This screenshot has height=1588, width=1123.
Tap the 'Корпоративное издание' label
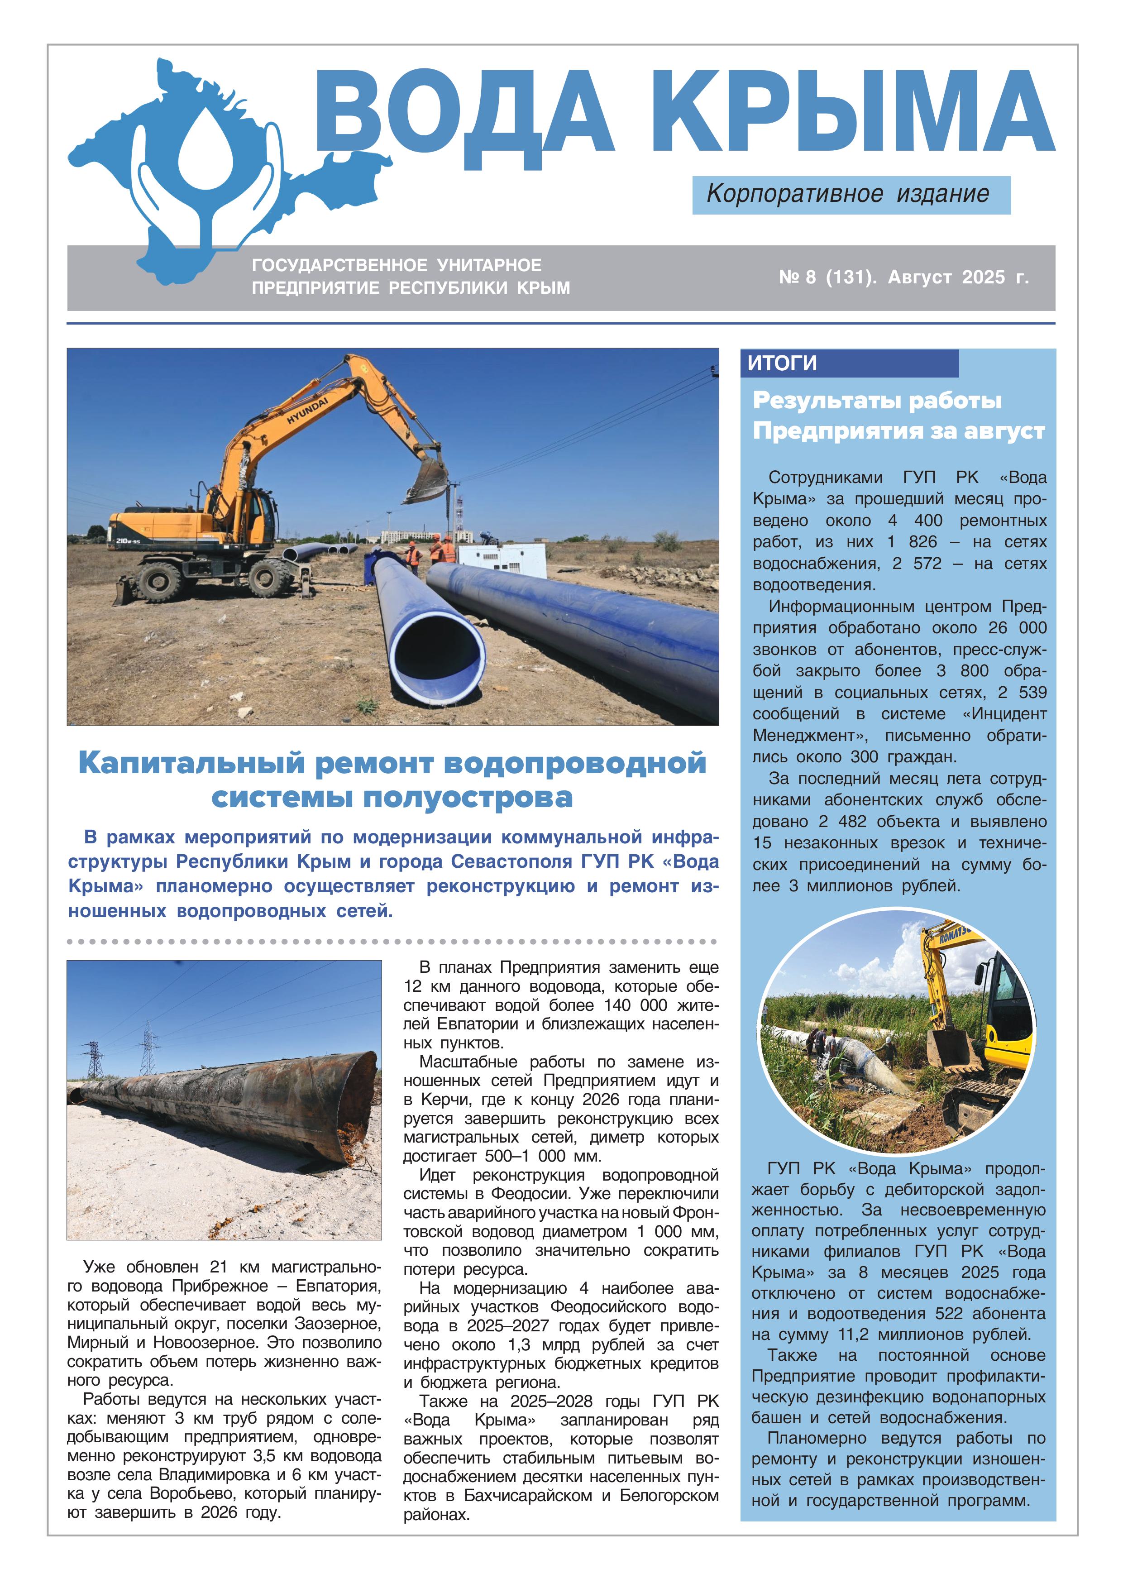(x=850, y=194)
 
